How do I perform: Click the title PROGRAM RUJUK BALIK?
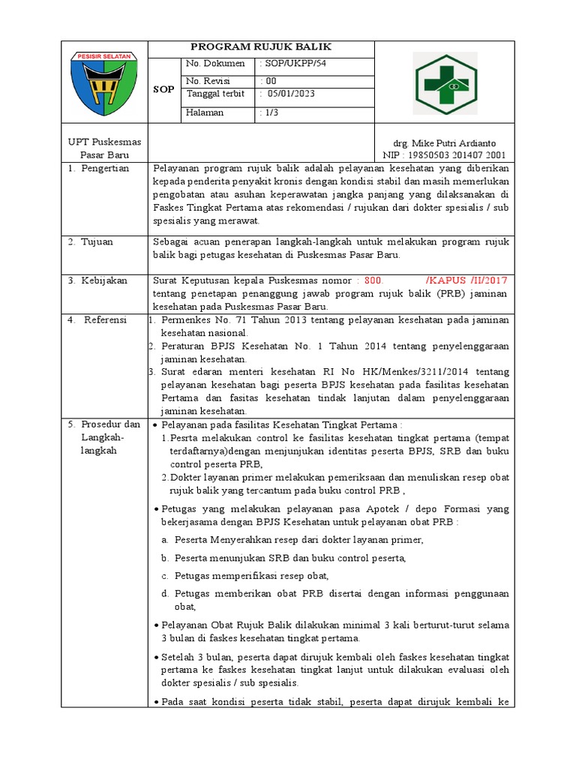260,46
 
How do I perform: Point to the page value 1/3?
268,112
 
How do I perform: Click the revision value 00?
268,81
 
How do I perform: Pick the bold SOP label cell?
163,88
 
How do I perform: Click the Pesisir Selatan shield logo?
104,82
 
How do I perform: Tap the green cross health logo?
445,83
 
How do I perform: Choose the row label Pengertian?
105,168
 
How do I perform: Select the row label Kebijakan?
104,280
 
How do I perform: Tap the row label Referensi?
106,320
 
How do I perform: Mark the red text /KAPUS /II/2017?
467,280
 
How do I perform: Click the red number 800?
373,280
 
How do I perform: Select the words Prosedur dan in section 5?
110,424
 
